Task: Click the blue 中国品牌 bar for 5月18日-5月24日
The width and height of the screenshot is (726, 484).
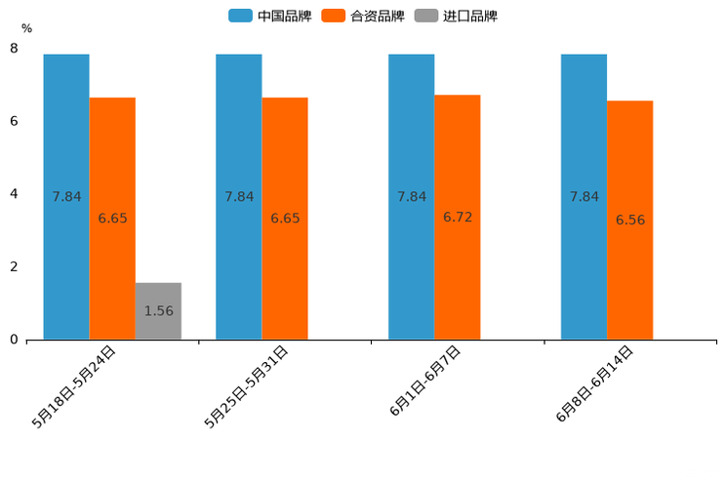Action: tap(66, 196)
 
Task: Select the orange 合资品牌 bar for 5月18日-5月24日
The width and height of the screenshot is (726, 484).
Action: tap(112, 218)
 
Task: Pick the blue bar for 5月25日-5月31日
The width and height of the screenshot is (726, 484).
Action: tap(239, 196)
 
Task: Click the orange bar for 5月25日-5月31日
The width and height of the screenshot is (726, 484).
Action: tap(285, 218)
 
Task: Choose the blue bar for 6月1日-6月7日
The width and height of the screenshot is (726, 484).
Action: tap(412, 196)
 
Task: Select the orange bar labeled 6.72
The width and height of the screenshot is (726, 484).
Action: tap(458, 217)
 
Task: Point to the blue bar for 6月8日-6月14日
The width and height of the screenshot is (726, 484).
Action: tap(585, 196)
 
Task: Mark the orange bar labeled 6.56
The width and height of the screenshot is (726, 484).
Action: tap(630, 220)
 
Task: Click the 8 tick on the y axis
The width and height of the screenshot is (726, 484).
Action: tap(14, 48)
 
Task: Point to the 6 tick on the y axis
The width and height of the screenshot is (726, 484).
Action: tap(14, 121)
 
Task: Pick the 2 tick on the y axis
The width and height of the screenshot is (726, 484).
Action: tap(14, 266)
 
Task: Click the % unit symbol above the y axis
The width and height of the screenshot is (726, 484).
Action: tap(26, 28)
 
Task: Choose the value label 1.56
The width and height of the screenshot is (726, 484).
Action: tap(158, 311)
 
